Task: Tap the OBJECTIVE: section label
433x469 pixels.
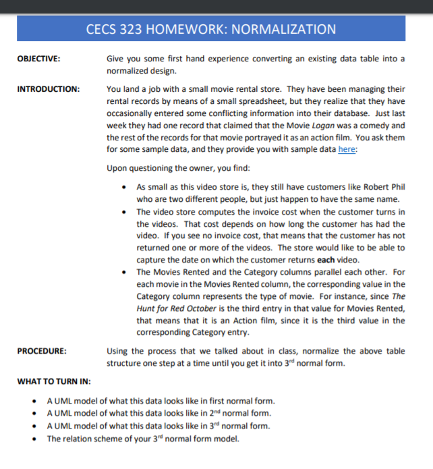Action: coord(38,59)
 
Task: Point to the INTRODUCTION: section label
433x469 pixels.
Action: coord(47,89)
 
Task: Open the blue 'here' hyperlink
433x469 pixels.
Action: coord(346,150)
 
